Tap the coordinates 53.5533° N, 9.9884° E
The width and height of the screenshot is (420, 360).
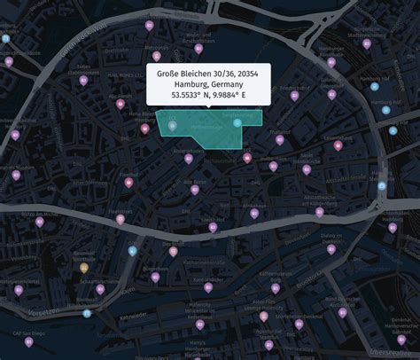[208, 96]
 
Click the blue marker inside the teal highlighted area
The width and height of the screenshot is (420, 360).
[237, 122]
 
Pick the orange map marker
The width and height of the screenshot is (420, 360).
[84, 267]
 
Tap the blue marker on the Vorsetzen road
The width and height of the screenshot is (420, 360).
[87, 313]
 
